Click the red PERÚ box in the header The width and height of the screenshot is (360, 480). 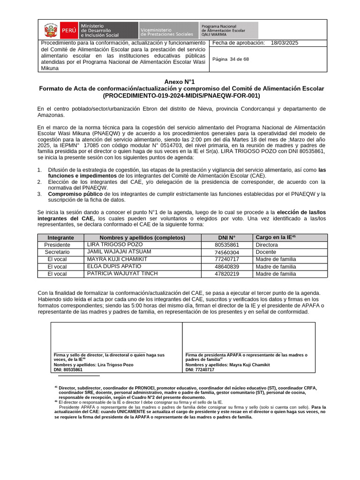coord(69,30)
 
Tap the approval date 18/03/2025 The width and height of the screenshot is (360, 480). coord(284,43)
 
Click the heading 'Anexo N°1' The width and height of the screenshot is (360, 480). coord(181,82)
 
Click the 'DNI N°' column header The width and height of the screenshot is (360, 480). coord(227,238)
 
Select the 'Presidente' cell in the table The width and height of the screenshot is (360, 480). coord(57,245)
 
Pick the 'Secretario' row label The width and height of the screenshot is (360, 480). coord(57,252)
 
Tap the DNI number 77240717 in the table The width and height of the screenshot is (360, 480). coord(227,259)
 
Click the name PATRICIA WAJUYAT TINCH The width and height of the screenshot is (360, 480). coord(122,274)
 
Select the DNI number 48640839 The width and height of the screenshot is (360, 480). coord(227,267)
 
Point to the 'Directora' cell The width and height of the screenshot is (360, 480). coord(267,245)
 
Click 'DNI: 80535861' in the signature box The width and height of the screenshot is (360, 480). coord(68,369)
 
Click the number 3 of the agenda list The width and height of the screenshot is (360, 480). coord(40,194)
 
